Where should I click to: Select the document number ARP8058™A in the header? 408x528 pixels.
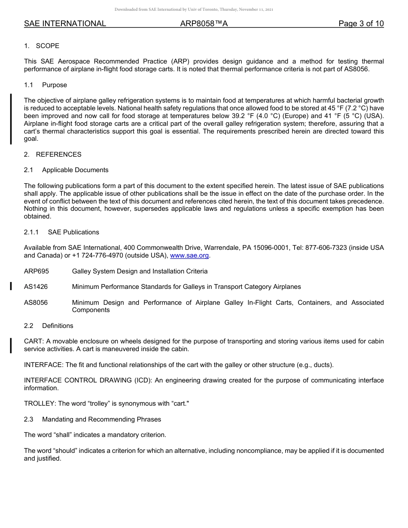tap(204, 24)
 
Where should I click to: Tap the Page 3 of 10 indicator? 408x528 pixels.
tap(361, 24)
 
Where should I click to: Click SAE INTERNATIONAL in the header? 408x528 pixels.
tap(65, 24)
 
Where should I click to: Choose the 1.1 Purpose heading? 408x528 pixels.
tap(46, 85)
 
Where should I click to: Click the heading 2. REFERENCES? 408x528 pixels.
tap(52, 155)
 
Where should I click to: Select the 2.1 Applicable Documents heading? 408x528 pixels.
tap(66, 170)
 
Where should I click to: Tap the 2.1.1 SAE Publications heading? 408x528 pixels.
tap(61, 232)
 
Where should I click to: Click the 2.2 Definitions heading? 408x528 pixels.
tap(49, 326)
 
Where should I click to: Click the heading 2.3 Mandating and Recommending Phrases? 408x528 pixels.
tap(92, 419)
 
